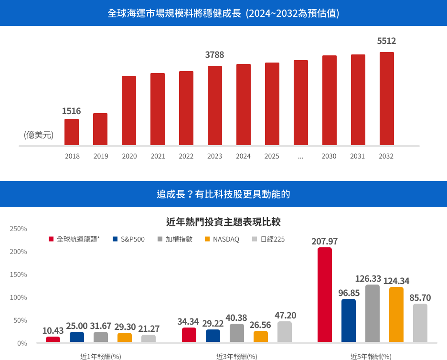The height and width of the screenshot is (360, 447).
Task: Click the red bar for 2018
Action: point(72,132)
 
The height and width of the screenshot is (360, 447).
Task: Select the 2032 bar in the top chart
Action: point(386,98)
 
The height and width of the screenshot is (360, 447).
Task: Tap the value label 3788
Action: point(214,55)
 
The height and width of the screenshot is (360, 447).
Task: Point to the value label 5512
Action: point(386,41)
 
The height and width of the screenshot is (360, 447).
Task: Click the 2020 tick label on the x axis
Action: point(129,156)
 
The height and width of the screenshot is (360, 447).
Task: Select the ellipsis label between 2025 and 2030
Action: point(300,156)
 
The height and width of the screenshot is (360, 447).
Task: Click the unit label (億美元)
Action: point(39,135)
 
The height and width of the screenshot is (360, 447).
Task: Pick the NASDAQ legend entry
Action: point(222,239)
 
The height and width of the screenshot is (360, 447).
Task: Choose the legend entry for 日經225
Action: point(269,239)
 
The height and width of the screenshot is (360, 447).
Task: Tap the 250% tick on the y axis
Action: point(19,229)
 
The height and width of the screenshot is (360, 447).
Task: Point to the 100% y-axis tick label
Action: point(19,297)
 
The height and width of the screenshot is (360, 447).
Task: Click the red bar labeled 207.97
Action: point(325,295)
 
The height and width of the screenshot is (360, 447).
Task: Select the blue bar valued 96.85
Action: point(349,320)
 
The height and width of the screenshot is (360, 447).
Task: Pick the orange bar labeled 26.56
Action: point(261,337)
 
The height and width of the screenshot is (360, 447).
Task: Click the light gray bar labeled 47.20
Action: point(285,332)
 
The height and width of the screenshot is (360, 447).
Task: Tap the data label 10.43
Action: point(53,330)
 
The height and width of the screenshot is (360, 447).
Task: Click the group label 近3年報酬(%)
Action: point(237,356)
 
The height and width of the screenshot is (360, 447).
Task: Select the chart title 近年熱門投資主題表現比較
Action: point(223,222)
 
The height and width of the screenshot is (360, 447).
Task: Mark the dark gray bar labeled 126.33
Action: point(372,313)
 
